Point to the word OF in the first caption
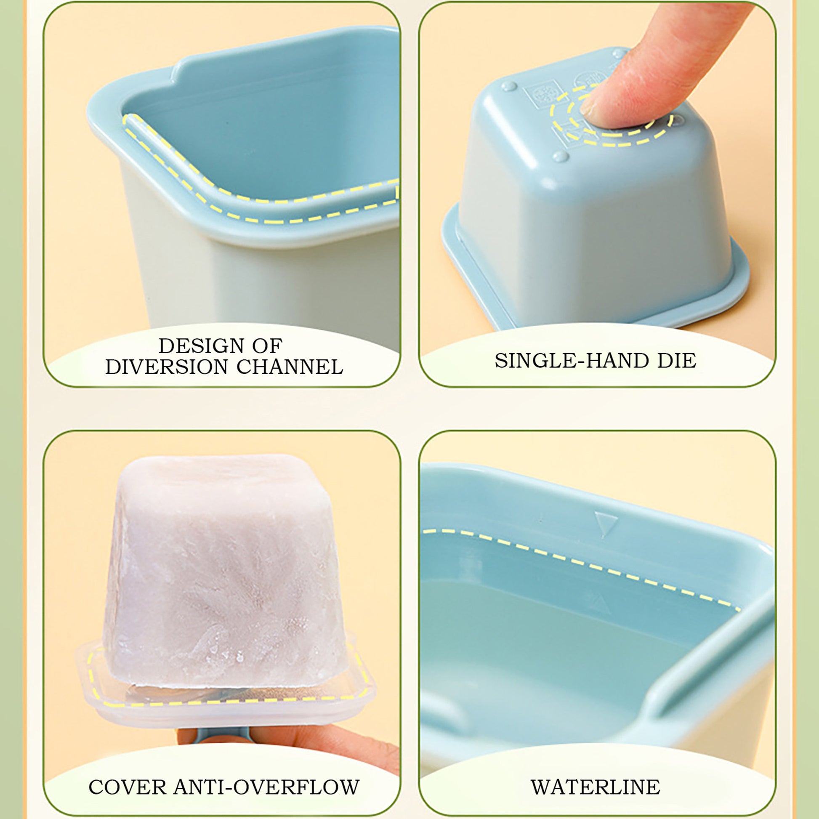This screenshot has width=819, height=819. point(268,346)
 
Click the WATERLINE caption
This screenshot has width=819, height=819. point(596,787)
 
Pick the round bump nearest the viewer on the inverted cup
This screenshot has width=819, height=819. point(561,157)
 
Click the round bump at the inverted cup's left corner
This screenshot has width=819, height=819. point(509,86)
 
